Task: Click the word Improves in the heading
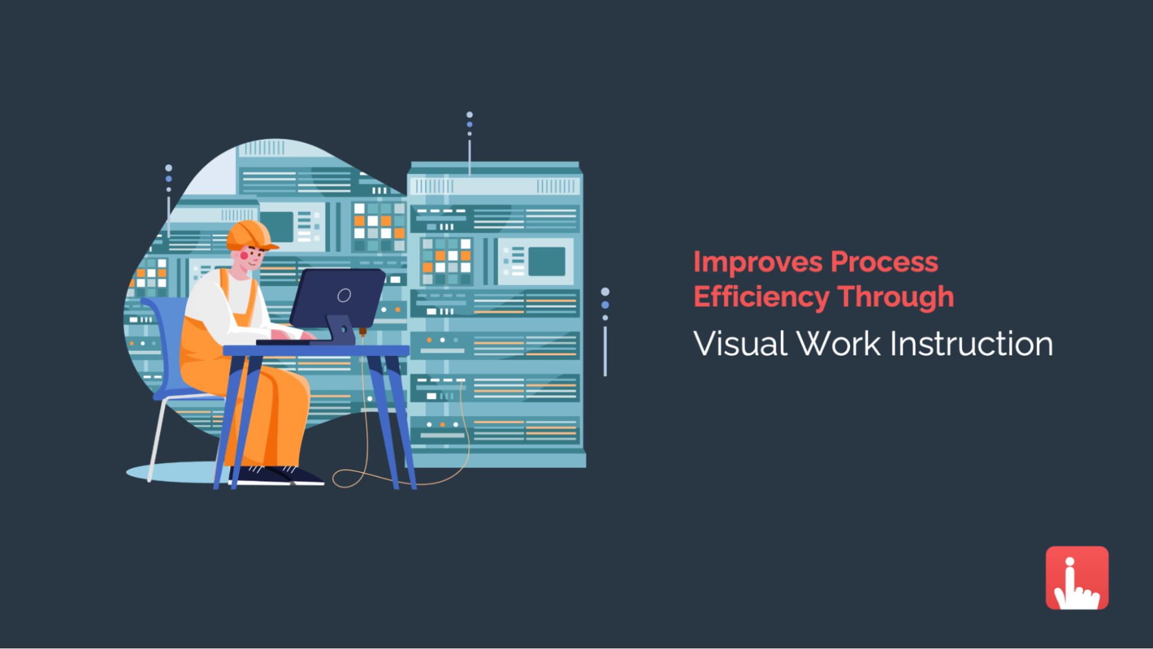757,263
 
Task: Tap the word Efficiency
761,297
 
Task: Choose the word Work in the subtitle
839,344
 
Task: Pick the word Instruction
971,344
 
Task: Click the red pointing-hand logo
1077,578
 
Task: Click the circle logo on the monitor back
344,295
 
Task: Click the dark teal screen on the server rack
546,262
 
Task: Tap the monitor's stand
341,329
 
